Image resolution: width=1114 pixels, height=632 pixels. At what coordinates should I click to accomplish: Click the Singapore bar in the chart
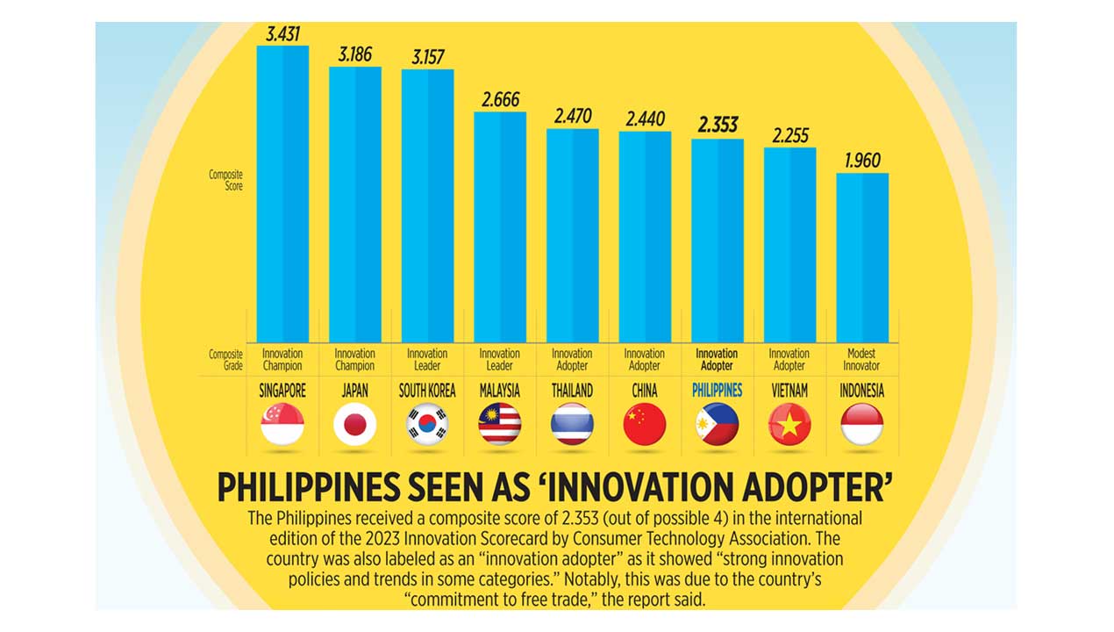[282, 193]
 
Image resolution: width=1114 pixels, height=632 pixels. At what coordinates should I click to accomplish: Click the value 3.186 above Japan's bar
[355, 54]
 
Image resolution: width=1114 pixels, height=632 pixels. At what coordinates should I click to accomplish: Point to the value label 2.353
[718, 126]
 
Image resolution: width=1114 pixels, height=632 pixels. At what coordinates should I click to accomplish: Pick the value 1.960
[862, 161]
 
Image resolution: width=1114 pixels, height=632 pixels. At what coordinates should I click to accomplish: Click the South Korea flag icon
[427, 425]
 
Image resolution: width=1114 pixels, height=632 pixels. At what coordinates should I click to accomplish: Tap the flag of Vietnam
[789, 425]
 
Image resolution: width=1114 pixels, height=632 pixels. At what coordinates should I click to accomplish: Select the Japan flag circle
[355, 425]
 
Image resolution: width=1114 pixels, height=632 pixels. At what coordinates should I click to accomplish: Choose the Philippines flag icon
[718, 425]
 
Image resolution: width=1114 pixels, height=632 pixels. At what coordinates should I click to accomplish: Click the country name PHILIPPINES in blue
[718, 391]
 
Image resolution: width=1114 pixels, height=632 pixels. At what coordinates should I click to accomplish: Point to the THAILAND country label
[572, 391]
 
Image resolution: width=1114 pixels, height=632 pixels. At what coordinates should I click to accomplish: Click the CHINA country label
[645, 391]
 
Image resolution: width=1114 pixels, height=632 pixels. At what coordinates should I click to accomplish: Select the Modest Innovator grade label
[862, 360]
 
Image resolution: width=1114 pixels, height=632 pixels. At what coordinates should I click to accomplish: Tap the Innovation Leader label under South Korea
[427, 360]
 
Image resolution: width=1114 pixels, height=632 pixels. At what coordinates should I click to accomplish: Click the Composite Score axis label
[225, 180]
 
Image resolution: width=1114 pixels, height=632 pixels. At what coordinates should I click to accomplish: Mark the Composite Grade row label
[225, 360]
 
